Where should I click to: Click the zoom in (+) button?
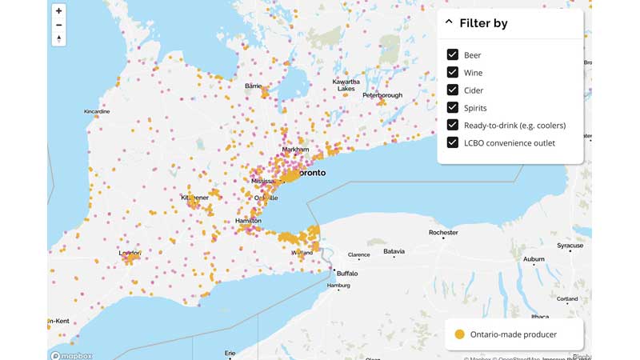tap(58, 11)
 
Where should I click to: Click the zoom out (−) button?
tap(58, 25)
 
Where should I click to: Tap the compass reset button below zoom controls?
tap(58, 38)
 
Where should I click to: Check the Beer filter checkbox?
tap(452, 55)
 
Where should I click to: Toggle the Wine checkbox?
tap(452, 73)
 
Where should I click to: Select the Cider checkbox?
tap(452, 90)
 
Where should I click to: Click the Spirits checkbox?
tap(452, 108)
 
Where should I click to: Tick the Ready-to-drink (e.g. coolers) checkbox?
tap(452, 126)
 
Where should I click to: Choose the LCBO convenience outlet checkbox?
tap(452, 143)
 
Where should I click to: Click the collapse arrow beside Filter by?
tap(449, 22)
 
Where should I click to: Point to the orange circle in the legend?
tap(459, 334)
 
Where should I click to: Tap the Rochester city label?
tap(443, 233)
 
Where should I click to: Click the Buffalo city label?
tap(347, 274)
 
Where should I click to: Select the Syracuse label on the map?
tap(570, 246)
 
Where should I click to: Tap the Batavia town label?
tap(394, 251)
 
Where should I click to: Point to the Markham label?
tap(295, 150)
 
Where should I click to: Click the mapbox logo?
tap(71, 355)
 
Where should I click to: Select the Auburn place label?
tap(534, 259)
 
